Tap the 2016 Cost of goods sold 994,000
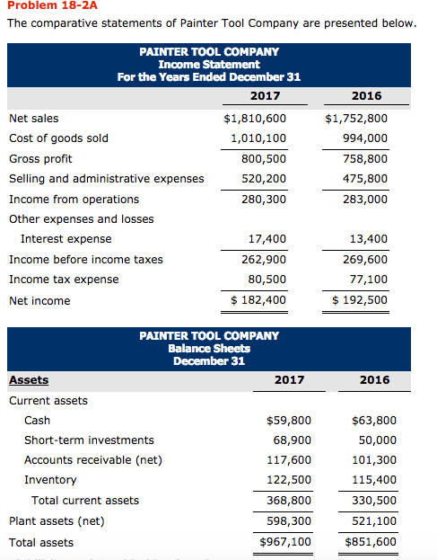(366, 138)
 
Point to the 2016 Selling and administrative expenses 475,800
(366, 179)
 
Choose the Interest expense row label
(66, 239)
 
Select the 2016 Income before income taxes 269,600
(366, 260)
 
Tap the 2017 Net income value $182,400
(259, 300)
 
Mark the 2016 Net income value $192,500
(360, 300)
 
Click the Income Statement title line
(209, 64)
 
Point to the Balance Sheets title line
(209, 348)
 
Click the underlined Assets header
(29, 380)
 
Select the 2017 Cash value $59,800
(290, 421)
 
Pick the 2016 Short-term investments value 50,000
(377, 440)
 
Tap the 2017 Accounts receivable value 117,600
(289, 460)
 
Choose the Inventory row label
(50, 480)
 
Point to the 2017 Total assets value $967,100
(285, 542)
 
